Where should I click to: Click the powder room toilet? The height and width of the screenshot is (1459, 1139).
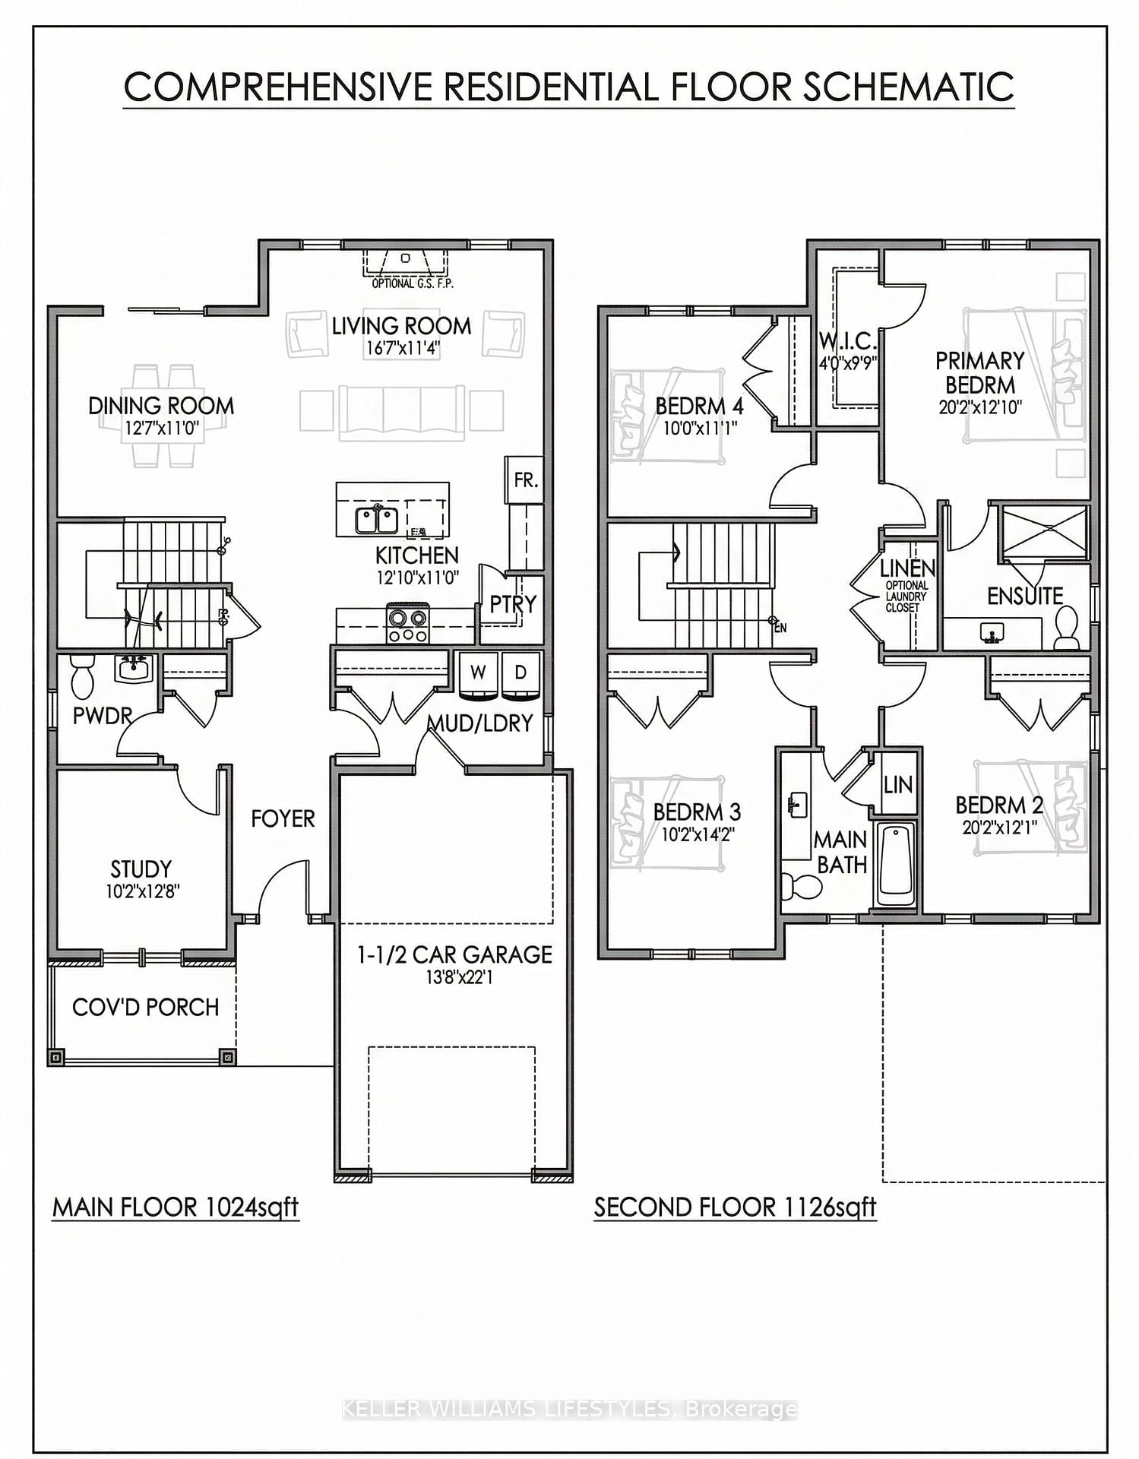[x=81, y=676]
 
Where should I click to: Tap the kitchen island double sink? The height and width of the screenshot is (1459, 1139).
[x=376, y=521]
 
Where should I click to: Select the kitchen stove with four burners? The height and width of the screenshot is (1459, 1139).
[x=408, y=624]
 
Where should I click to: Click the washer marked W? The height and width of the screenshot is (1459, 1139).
[x=478, y=673]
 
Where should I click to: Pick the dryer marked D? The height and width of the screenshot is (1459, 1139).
[x=520, y=673]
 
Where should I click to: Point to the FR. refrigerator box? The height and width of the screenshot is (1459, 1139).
[x=525, y=480]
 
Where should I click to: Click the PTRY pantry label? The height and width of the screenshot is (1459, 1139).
[x=512, y=604]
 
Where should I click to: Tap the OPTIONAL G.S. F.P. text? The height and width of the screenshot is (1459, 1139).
[x=403, y=283]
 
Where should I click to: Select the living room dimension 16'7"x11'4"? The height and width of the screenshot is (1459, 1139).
[x=401, y=348]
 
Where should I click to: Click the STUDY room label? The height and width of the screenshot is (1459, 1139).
[x=141, y=869]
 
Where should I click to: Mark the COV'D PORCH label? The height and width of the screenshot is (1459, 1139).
[x=145, y=1008]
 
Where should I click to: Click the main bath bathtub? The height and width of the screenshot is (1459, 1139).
[x=897, y=863]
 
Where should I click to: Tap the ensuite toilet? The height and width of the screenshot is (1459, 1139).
[x=1067, y=627]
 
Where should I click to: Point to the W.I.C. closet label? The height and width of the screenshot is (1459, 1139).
[x=848, y=341]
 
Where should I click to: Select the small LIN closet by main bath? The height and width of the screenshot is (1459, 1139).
[x=897, y=784]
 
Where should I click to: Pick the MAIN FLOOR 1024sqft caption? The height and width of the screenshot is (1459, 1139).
[x=176, y=1207]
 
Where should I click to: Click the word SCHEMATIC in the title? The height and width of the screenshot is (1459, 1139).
[x=908, y=87]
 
